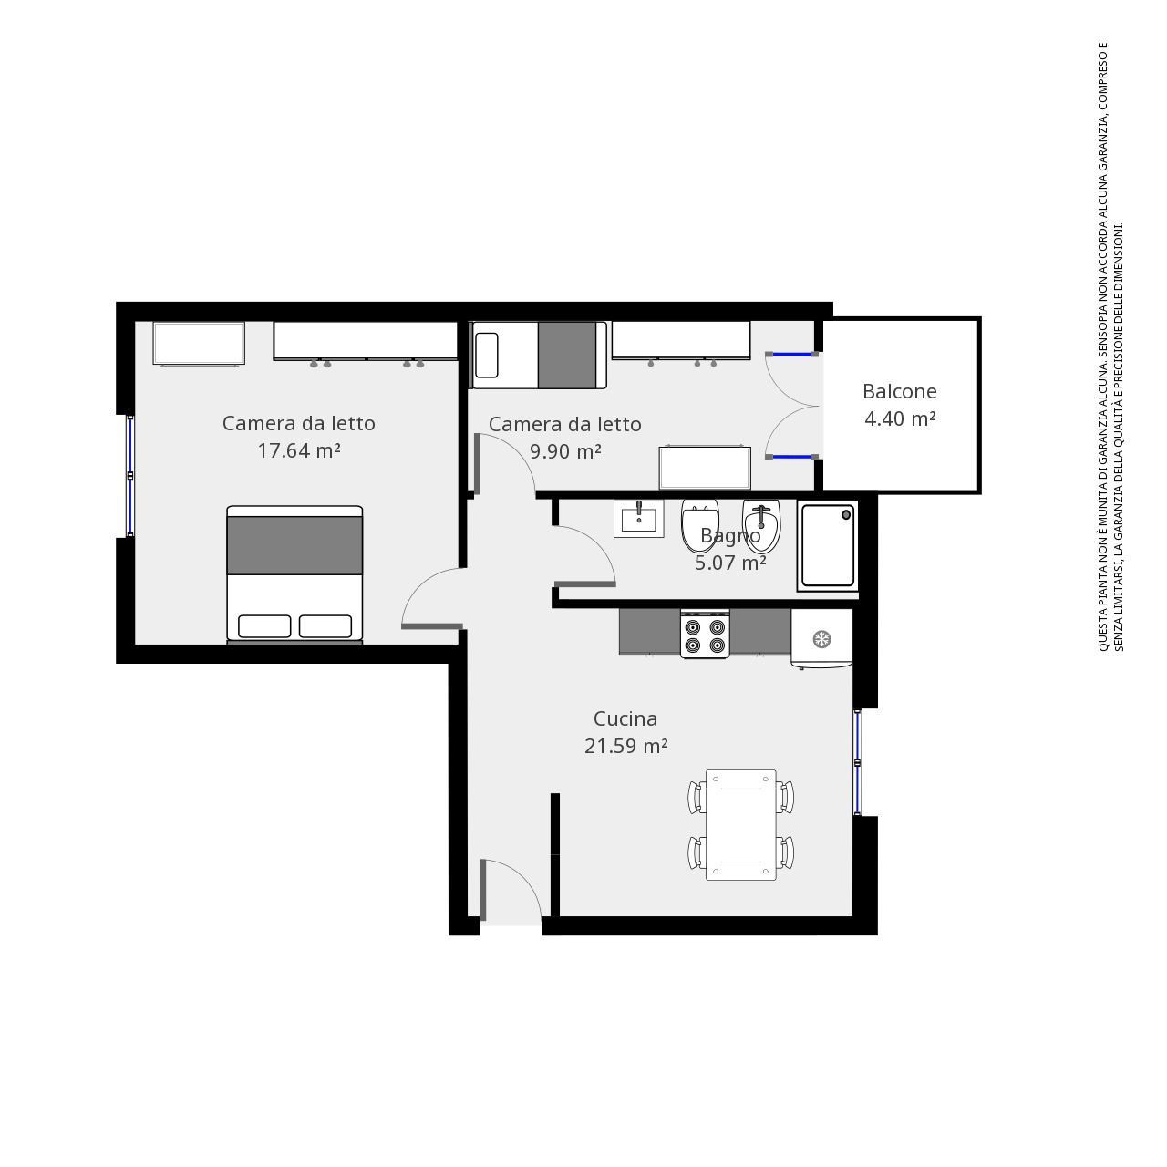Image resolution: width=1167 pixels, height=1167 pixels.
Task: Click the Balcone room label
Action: click(x=899, y=392)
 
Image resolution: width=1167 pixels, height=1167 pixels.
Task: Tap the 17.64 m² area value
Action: click(x=299, y=450)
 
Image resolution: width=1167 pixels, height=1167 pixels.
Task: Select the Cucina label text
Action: click(x=625, y=718)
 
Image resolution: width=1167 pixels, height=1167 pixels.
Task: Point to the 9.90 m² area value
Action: click(x=565, y=452)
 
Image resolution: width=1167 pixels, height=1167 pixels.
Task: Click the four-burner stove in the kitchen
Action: click(x=705, y=634)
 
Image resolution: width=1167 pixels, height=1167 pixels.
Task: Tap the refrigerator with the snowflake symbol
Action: click(x=821, y=638)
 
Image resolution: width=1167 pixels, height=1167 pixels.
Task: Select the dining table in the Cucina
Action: click(x=740, y=825)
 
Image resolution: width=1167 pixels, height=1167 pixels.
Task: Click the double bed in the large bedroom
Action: click(x=294, y=573)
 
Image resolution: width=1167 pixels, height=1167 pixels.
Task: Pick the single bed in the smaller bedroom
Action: click(x=540, y=355)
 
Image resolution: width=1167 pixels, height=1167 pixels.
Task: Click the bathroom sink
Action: click(x=639, y=519)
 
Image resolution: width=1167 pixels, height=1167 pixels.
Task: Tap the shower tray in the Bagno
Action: click(x=828, y=545)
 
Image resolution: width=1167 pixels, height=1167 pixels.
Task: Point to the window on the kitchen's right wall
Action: click(x=858, y=762)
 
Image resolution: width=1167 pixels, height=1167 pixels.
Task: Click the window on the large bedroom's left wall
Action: click(x=129, y=476)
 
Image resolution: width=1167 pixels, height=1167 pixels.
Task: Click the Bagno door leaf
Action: click(x=585, y=584)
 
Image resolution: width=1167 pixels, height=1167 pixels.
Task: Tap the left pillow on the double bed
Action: click(x=264, y=626)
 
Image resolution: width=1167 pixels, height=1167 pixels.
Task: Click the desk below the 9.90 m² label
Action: click(x=705, y=468)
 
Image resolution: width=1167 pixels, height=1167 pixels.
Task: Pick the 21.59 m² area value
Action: click(x=626, y=746)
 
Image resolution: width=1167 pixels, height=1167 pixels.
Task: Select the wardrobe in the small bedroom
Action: click(x=681, y=340)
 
